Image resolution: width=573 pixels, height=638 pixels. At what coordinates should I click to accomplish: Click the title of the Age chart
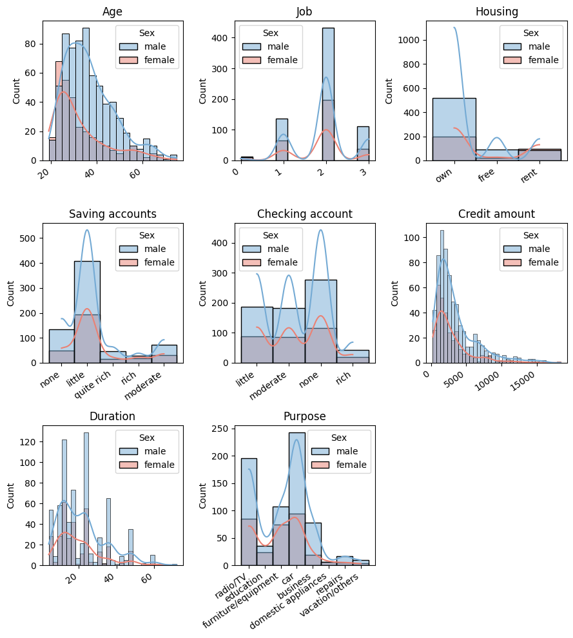[113, 12]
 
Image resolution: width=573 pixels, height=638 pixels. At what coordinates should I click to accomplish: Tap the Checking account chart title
[305, 214]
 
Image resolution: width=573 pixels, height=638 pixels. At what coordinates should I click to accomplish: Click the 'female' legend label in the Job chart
[283, 61]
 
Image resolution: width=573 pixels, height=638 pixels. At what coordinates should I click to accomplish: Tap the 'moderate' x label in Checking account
[267, 385]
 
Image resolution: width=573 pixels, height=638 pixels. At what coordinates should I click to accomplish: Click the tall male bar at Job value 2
[328, 77]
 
